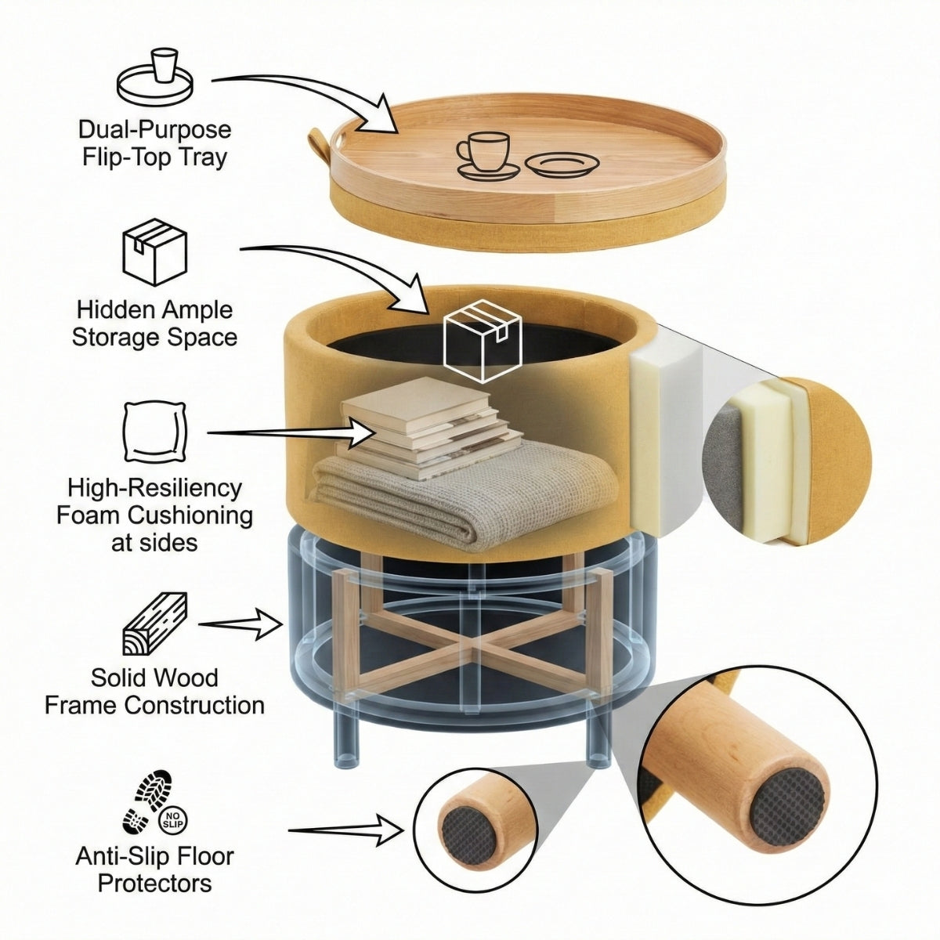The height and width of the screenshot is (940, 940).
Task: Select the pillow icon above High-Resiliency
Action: (154, 432)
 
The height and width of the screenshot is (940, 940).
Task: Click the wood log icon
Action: (156, 624)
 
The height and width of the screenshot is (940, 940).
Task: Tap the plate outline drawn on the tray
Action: (562, 164)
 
